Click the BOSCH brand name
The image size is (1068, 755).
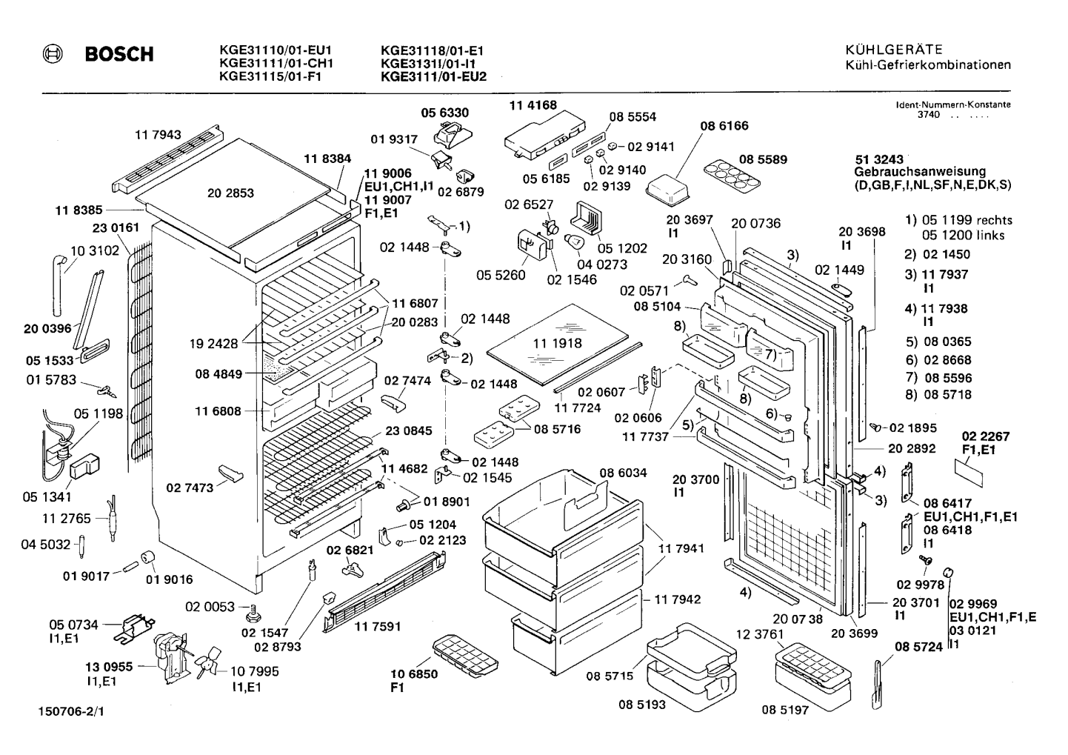pyautogui.click(x=119, y=54)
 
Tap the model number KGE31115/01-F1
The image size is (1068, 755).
pyautogui.click(x=270, y=76)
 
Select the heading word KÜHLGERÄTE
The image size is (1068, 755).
pyautogui.click(x=895, y=50)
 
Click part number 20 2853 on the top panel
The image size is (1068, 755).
pyautogui.click(x=231, y=193)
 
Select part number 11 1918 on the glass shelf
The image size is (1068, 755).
pyautogui.click(x=558, y=343)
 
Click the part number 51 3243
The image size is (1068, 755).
pyautogui.click(x=878, y=159)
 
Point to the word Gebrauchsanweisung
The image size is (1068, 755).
pyautogui.click(x=920, y=172)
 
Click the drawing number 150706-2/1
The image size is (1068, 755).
pyautogui.click(x=71, y=711)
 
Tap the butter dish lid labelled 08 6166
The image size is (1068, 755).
pyautogui.click(x=668, y=190)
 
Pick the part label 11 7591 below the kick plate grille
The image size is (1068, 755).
pyautogui.click(x=378, y=626)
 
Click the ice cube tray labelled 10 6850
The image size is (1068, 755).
pyautogui.click(x=465, y=655)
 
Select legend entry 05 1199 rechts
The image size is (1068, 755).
pyautogui.click(x=967, y=220)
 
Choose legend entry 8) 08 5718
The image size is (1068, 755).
pyautogui.click(x=938, y=394)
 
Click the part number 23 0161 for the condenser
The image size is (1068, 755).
pyautogui.click(x=116, y=228)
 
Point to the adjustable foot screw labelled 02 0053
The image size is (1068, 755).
pyautogui.click(x=253, y=613)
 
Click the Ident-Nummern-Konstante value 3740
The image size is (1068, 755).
pyautogui.click(x=929, y=114)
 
